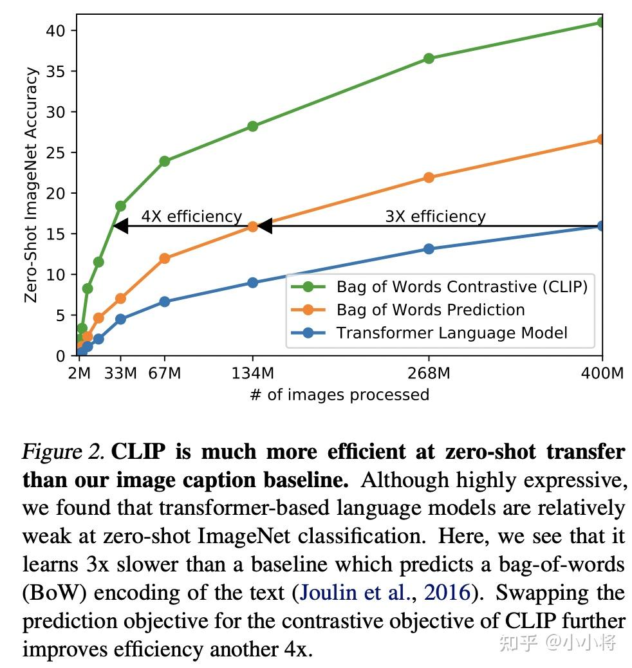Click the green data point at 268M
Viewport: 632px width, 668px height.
click(x=429, y=59)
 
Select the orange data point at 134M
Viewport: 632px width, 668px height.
click(x=252, y=227)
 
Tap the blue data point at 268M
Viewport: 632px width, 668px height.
click(x=429, y=249)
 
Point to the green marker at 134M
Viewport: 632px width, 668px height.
click(x=252, y=126)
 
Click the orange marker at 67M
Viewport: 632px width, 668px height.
click(x=164, y=258)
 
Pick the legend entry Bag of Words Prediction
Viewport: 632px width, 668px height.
click(x=430, y=310)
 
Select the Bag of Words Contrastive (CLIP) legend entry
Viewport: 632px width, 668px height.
click(x=461, y=286)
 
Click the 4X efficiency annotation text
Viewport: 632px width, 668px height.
click(x=191, y=216)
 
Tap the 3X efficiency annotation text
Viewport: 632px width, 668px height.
click(x=435, y=216)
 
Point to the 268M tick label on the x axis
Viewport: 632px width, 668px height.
click(x=429, y=373)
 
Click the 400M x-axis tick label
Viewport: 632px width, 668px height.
click(x=602, y=373)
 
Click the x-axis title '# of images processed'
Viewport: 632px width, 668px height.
click(x=339, y=394)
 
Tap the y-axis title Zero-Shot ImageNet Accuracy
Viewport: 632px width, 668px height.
click(x=30, y=185)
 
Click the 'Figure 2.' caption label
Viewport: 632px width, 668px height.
click(x=63, y=452)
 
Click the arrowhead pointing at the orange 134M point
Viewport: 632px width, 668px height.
click(x=264, y=226)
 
